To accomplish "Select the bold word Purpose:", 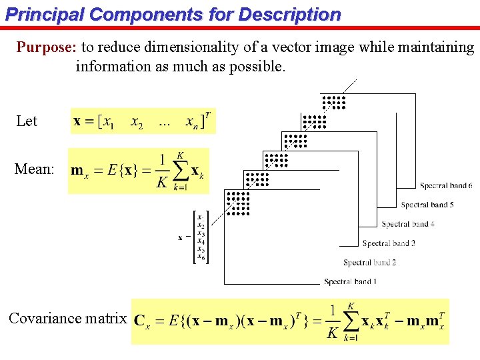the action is click(47, 47).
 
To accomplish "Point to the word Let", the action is click(27, 121).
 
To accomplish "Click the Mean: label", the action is click(34, 169).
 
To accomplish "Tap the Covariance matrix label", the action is click(67, 319).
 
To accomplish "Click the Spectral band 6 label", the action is click(447, 185).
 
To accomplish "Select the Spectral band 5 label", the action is click(427, 205).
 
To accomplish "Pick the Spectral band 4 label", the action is click(408, 224).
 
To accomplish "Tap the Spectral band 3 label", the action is click(389, 243).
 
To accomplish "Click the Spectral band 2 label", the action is click(369, 263).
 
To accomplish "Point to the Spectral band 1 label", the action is click(350, 282).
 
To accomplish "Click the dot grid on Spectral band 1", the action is click(237, 203).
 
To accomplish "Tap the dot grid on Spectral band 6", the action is click(333, 102).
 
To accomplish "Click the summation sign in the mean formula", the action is click(179, 171).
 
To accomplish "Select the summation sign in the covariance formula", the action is click(351, 321).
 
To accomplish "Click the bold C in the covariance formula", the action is click(140, 321).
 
